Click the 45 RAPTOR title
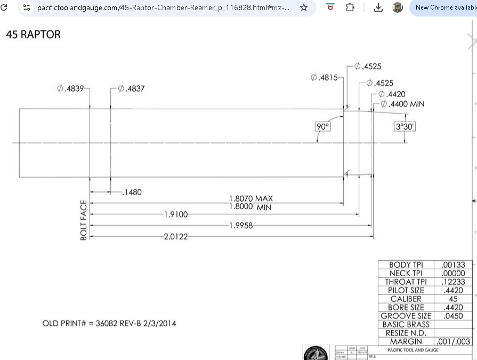click(x=33, y=35)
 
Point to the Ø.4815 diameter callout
click(x=324, y=78)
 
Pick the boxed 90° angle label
click(x=323, y=126)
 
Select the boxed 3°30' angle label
click(x=405, y=126)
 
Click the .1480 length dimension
click(x=132, y=193)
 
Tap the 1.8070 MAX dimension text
click(x=250, y=199)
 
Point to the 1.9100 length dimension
click(x=176, y=214)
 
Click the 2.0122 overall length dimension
click(x=176, y=236)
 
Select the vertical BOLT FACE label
click(x=84, y=220)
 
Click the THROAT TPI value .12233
click(x=453, y=282)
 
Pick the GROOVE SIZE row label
click(x=406, y=316)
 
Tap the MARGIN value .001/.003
click(x=453, y=342)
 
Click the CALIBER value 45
click(x=453, y=299)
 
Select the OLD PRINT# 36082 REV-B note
click(x=109, y=323)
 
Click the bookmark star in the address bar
click(x=304, y=7)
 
